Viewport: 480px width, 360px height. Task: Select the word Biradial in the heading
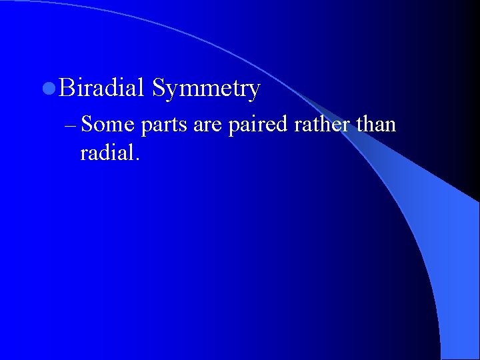(x=101, y=88)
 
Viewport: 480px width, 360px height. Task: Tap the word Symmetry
(x=205, y=89)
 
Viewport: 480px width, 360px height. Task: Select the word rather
(x=315, y=125)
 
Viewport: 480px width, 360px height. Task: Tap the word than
(x=376, y=125)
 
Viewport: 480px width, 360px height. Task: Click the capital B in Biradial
(x=66, y=88)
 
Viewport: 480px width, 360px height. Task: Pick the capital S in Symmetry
(x=159, y=88)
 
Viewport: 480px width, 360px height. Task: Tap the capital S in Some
(x=89, y=125)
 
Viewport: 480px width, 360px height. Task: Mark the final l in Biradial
(x=141, y=87)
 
